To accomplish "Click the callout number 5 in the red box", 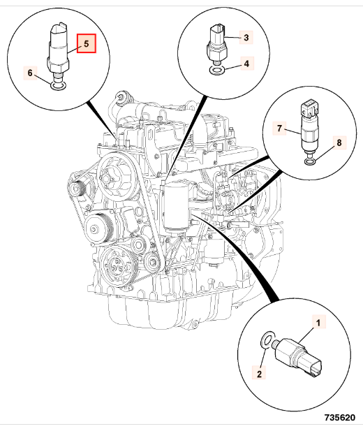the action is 87,43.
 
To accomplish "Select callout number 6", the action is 30,73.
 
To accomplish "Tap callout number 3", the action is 246,37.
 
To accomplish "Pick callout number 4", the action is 246,64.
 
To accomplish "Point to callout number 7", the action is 279,128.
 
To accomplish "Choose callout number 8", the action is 339,143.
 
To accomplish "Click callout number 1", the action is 318,323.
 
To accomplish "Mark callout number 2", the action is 259,374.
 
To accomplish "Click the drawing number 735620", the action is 340,418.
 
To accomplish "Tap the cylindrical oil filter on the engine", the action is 176,207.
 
